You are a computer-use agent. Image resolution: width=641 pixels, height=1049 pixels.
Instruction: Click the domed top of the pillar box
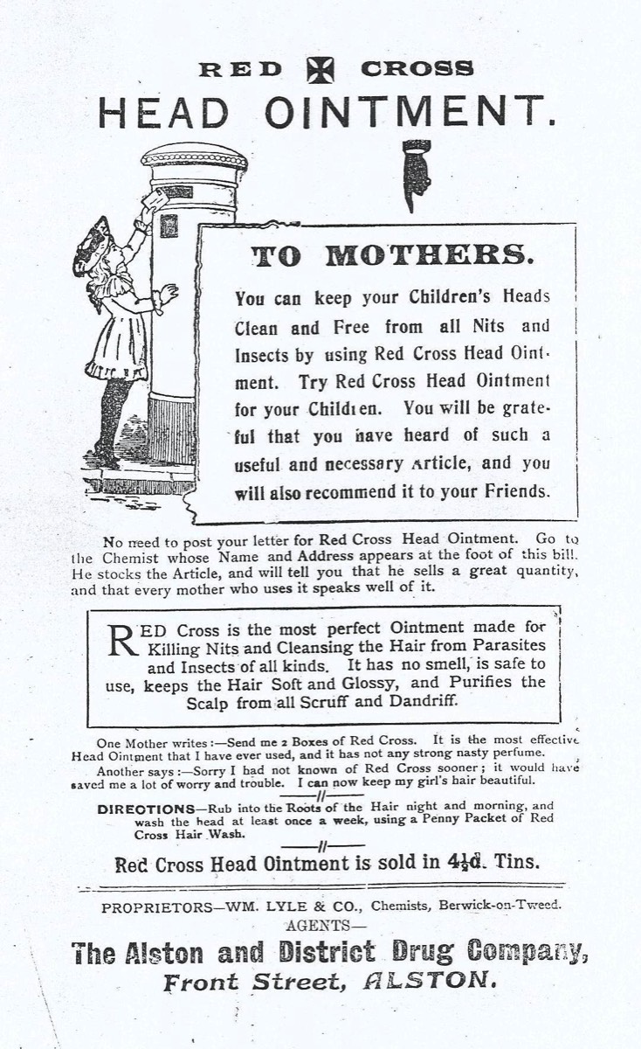coord(196,160)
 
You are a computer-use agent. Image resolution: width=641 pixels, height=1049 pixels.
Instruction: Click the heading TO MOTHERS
coord(389,255)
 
